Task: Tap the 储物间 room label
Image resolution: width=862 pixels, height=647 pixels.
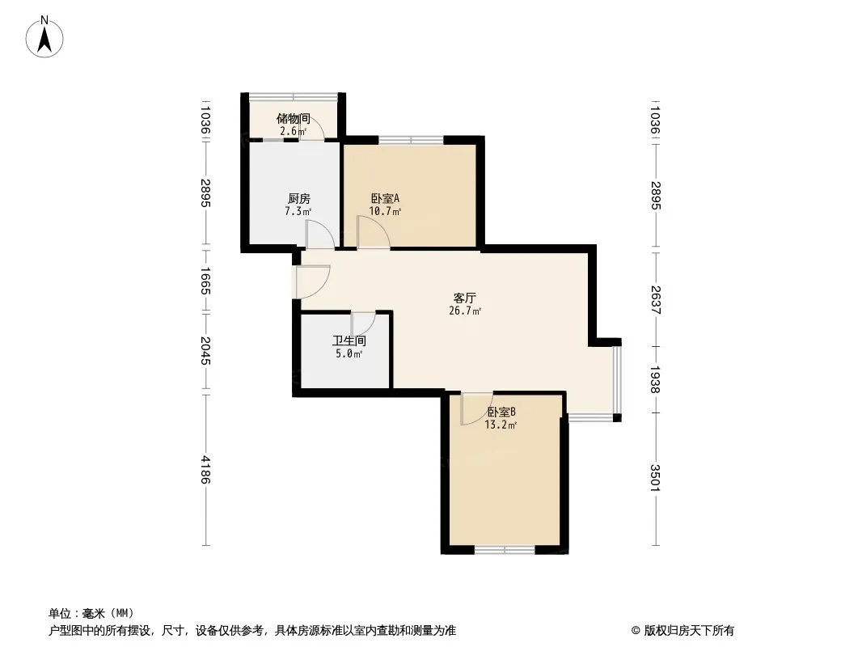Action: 294,118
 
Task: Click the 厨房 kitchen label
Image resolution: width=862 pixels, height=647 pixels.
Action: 299,198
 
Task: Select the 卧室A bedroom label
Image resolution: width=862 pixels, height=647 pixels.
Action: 385,198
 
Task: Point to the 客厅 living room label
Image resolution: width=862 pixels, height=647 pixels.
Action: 464,298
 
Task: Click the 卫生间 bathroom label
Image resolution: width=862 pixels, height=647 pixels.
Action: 349,340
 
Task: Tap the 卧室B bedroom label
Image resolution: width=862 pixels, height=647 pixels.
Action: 501,412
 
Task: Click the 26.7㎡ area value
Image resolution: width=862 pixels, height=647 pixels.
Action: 465,311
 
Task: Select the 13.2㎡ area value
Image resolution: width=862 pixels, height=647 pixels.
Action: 501,425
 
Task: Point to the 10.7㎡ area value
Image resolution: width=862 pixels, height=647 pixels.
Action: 385,211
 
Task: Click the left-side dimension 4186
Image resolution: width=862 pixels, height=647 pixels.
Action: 205,469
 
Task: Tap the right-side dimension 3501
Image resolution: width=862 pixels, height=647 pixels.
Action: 655,478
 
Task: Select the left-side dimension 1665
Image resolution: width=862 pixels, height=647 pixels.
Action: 205,281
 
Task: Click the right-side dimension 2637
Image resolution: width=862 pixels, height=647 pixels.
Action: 655,299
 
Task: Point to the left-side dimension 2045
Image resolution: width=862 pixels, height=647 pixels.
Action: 205,351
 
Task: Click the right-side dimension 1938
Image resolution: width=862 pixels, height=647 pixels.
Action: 655,379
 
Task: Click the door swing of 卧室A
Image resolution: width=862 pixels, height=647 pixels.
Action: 374,232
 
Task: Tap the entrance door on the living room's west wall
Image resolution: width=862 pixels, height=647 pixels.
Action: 312,282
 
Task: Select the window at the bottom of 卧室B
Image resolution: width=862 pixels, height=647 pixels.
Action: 505,549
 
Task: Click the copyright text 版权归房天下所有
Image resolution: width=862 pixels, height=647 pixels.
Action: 689,631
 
